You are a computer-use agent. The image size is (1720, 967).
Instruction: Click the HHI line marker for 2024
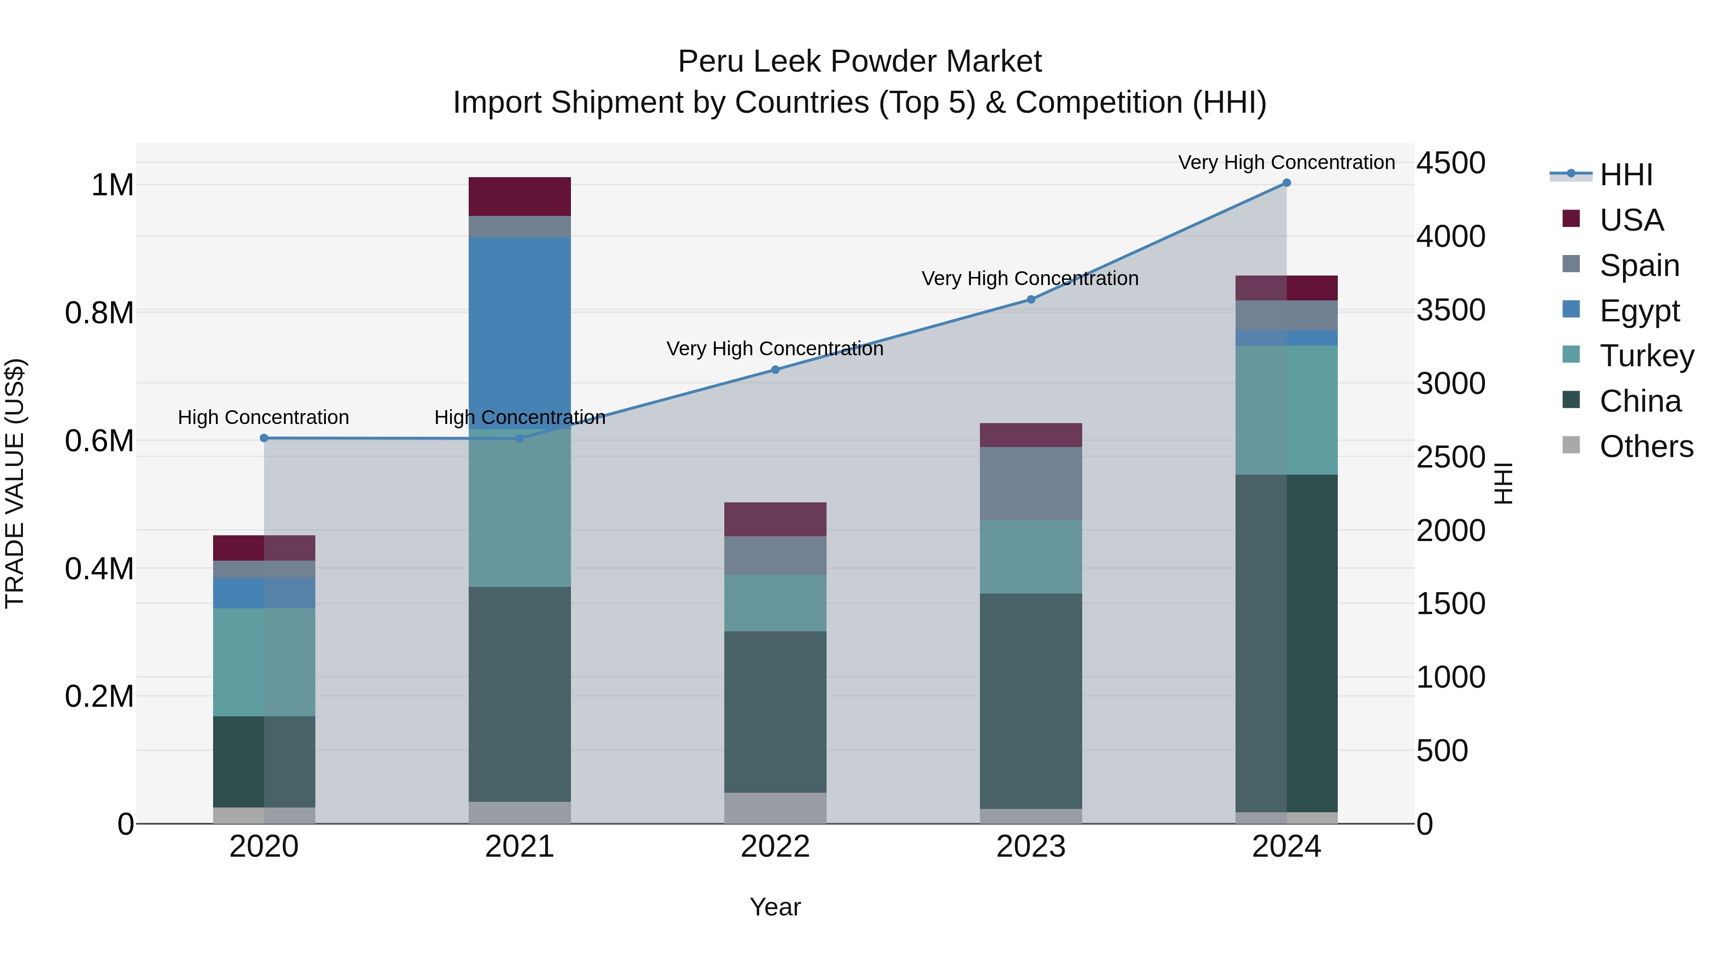[1286, 183]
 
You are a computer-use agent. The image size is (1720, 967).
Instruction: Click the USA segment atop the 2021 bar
[519, 196]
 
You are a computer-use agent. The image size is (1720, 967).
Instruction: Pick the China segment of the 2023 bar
[1030, 701]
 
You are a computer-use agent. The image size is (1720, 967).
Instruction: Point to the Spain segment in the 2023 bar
[1030, 483]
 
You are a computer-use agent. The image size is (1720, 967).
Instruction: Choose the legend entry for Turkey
[1646, 356]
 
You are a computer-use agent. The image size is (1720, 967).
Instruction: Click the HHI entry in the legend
[1626, 175]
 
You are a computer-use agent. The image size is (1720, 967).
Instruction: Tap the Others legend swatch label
[1646, 446]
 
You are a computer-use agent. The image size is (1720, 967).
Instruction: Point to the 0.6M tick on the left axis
[99, 441]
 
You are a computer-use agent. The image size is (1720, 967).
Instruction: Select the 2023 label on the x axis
[1030, 847]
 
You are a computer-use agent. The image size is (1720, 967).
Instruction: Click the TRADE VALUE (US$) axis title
[15, 483]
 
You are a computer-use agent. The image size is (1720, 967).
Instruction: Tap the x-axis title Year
[774, 907]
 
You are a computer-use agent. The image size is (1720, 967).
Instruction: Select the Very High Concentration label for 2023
[1030, 278]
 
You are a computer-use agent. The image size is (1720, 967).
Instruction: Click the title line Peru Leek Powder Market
[860, 62]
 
